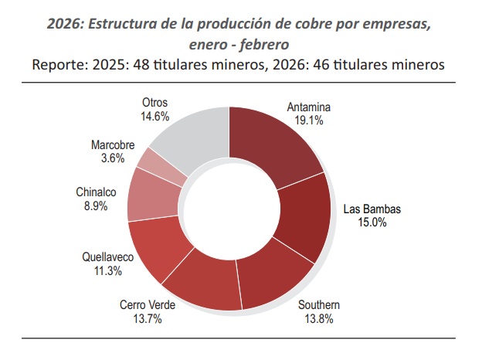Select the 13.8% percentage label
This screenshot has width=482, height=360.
(x=318, y=318)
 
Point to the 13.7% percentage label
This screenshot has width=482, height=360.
(x=148, y=318)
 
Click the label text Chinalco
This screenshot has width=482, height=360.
(x=97, y=192)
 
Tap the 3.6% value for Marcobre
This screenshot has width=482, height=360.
(x=114, y=158)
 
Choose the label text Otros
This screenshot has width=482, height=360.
(x=154, y=102)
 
